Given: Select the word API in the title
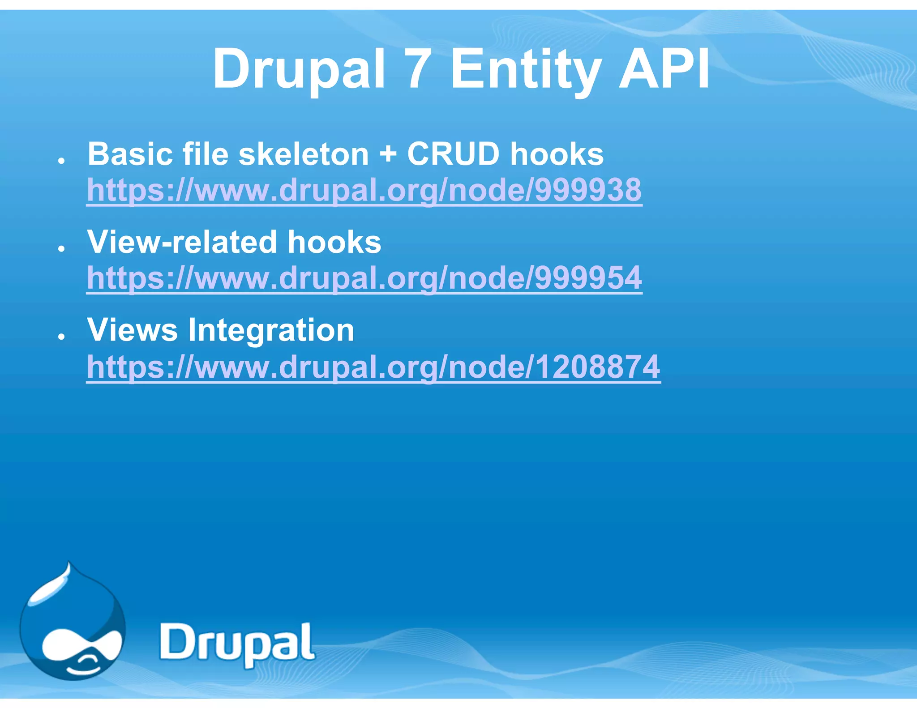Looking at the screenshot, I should [x=664, y=69].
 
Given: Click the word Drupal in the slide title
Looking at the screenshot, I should [x=299, y=69].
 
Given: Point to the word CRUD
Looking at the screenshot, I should [x=453, y=154].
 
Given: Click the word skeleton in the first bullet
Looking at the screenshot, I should [x=304, y=154].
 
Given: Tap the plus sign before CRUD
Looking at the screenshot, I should [x=388, y=154].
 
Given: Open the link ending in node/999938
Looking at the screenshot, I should [x=364, y=190].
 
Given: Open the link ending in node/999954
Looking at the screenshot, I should [x=364, y=278].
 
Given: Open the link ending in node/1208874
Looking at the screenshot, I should [x=373, y=367].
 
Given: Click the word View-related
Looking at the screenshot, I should [x=182, y=242].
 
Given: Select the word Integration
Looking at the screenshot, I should [x=271, y=330].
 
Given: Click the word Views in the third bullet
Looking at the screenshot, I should [x=133, y=330].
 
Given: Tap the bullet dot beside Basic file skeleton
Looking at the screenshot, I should [x=62, y=160].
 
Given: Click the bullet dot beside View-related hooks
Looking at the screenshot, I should [x=62, y=248].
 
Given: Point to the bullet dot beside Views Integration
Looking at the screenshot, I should [x=62, y=337].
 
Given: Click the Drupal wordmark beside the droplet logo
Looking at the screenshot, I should [x=237, y=644].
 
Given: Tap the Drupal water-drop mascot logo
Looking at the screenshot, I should [x=73, y=627].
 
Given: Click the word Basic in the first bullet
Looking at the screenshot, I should [x=130, y=154].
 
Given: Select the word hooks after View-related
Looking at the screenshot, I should [x=334, y=242].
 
